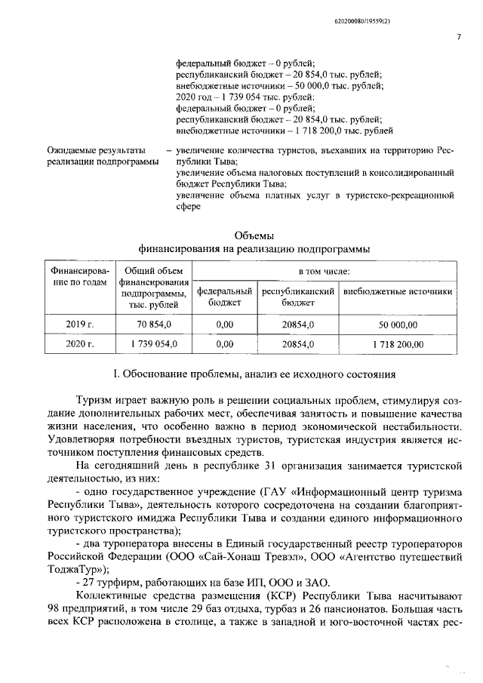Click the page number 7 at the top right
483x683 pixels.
[x=458, y=38]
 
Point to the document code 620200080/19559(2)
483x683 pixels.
[x=420, y=17]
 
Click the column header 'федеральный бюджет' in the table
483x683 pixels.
[x=224, y=297]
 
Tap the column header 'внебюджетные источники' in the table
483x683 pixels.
[x=398, y=291]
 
